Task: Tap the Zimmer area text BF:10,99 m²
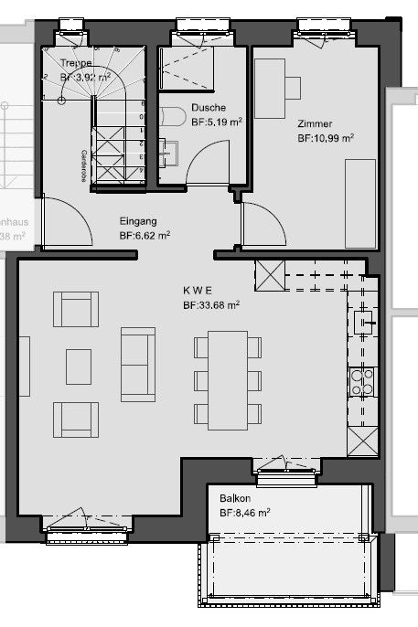pos(325,138)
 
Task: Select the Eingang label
pos(138,220)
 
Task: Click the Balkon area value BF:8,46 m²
pos(244,514)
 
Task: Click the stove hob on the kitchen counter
pos(362,380)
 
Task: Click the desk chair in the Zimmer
pos(293,87)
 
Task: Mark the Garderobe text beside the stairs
pos(84,165)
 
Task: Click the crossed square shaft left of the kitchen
pos(271,274)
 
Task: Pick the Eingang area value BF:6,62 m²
pos(145,235)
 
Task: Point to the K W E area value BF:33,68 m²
pos(210,305)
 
